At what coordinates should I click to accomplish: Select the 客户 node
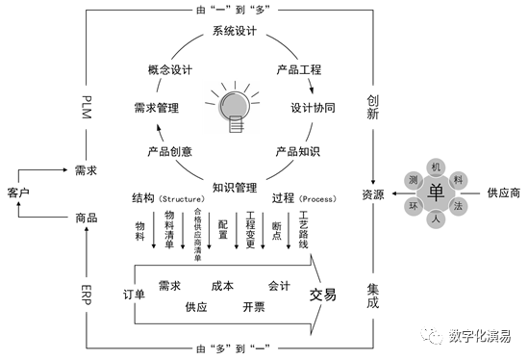pyautogui.click(x=20, y=193)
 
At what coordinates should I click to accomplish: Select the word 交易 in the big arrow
pyautogui.click(x=322, y=294)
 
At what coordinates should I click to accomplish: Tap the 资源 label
pyautogui.click(x=372, y=193)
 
